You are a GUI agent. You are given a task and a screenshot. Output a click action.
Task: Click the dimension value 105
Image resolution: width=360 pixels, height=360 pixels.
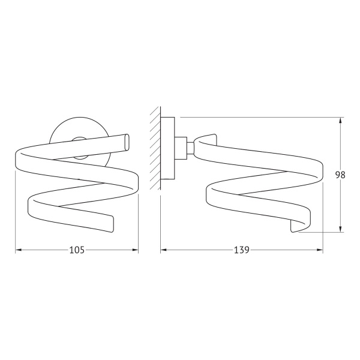[x=77, y=250]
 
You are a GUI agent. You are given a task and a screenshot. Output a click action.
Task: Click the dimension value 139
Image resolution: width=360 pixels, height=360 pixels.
[x=242, y=250]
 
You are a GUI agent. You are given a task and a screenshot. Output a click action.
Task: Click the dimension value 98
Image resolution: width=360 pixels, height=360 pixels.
[x=340, y=175]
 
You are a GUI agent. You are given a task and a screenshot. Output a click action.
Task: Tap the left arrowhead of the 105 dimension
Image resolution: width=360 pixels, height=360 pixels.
[x=19, y=250]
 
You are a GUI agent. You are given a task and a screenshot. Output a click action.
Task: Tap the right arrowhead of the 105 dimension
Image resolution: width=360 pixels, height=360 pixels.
[x=135, y=250]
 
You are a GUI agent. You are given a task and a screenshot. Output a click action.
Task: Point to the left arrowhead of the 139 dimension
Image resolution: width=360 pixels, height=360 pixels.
[x=163, y=250]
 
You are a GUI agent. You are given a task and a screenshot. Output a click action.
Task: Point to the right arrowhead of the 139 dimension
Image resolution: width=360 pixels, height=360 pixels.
[x=320, y=250]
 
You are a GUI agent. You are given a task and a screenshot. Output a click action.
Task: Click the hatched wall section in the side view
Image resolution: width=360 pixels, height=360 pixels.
[x=155, y=148]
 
